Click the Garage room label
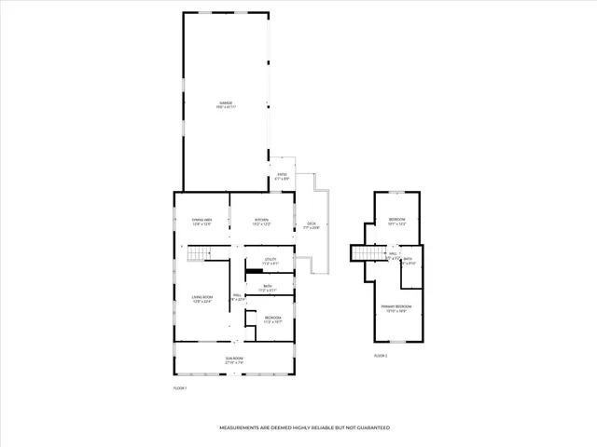(226, 102)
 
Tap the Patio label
(282, 175)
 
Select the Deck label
(312, 224)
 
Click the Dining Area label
(201, 221)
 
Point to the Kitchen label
(262, 221)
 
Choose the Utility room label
(271, 261)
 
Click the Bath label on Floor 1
(267, 288)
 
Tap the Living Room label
(201, 299)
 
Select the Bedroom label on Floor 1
(272, 318)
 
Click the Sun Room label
(233, 359)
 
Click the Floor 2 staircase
(366, 253)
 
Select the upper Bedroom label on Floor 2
(397, 223)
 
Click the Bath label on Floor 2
(408, 261)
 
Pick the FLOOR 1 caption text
(180, 387)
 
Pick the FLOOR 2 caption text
(380, 356)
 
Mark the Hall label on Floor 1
(238, 297)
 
